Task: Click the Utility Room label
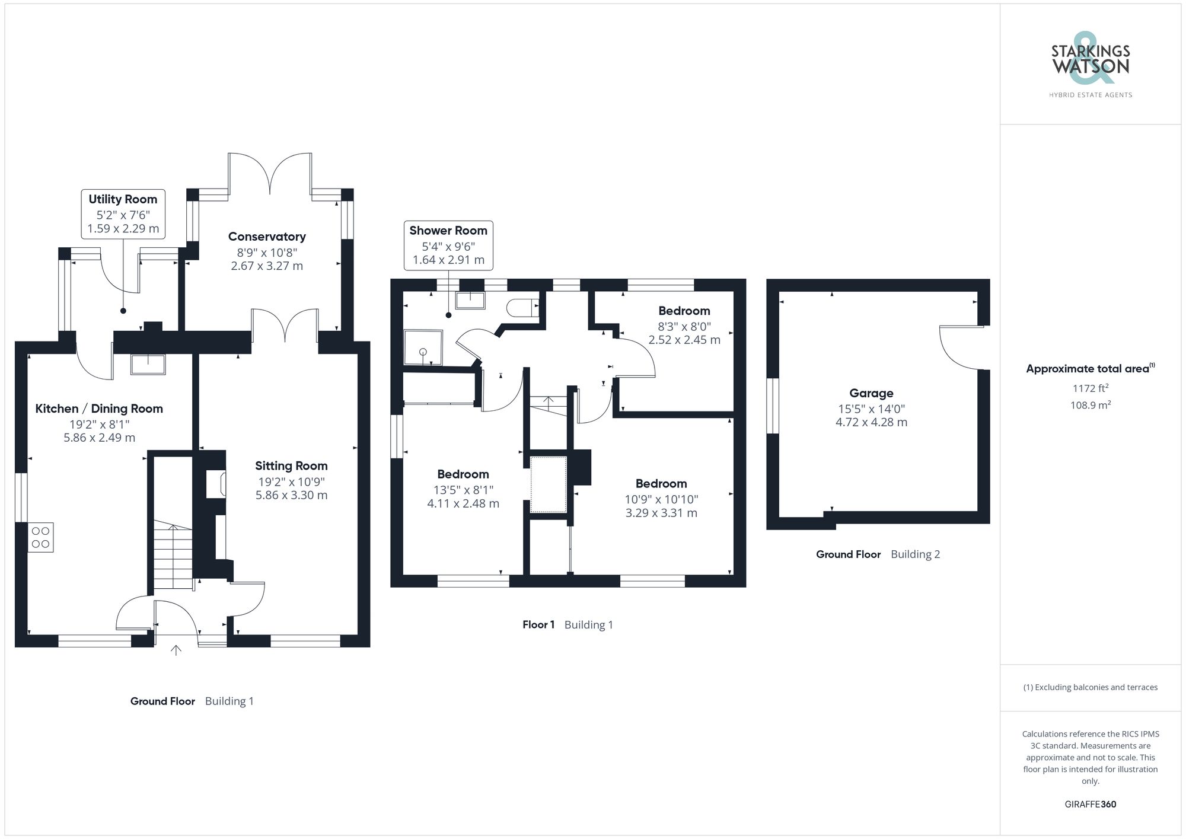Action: click(123, 199)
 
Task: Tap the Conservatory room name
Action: click(267, 237)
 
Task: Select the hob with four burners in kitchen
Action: click(41, 537)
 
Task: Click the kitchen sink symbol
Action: click(148, 364)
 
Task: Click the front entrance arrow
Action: click(176, 650)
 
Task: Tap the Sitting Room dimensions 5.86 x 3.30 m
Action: click(291, 495)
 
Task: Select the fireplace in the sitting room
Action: click(215, 483)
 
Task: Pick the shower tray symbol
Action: click(423, 347)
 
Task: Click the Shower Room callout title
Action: click(448, 231)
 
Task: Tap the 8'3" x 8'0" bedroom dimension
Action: click(684, 326)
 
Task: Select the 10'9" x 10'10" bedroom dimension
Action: click(661, 499)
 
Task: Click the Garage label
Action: click(871, 393)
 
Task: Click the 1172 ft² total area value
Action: click(1090, 388)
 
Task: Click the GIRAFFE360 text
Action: click(1090, 804)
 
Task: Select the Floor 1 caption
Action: click(538, 624)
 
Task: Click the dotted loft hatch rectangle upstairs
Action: click(548, 484)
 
